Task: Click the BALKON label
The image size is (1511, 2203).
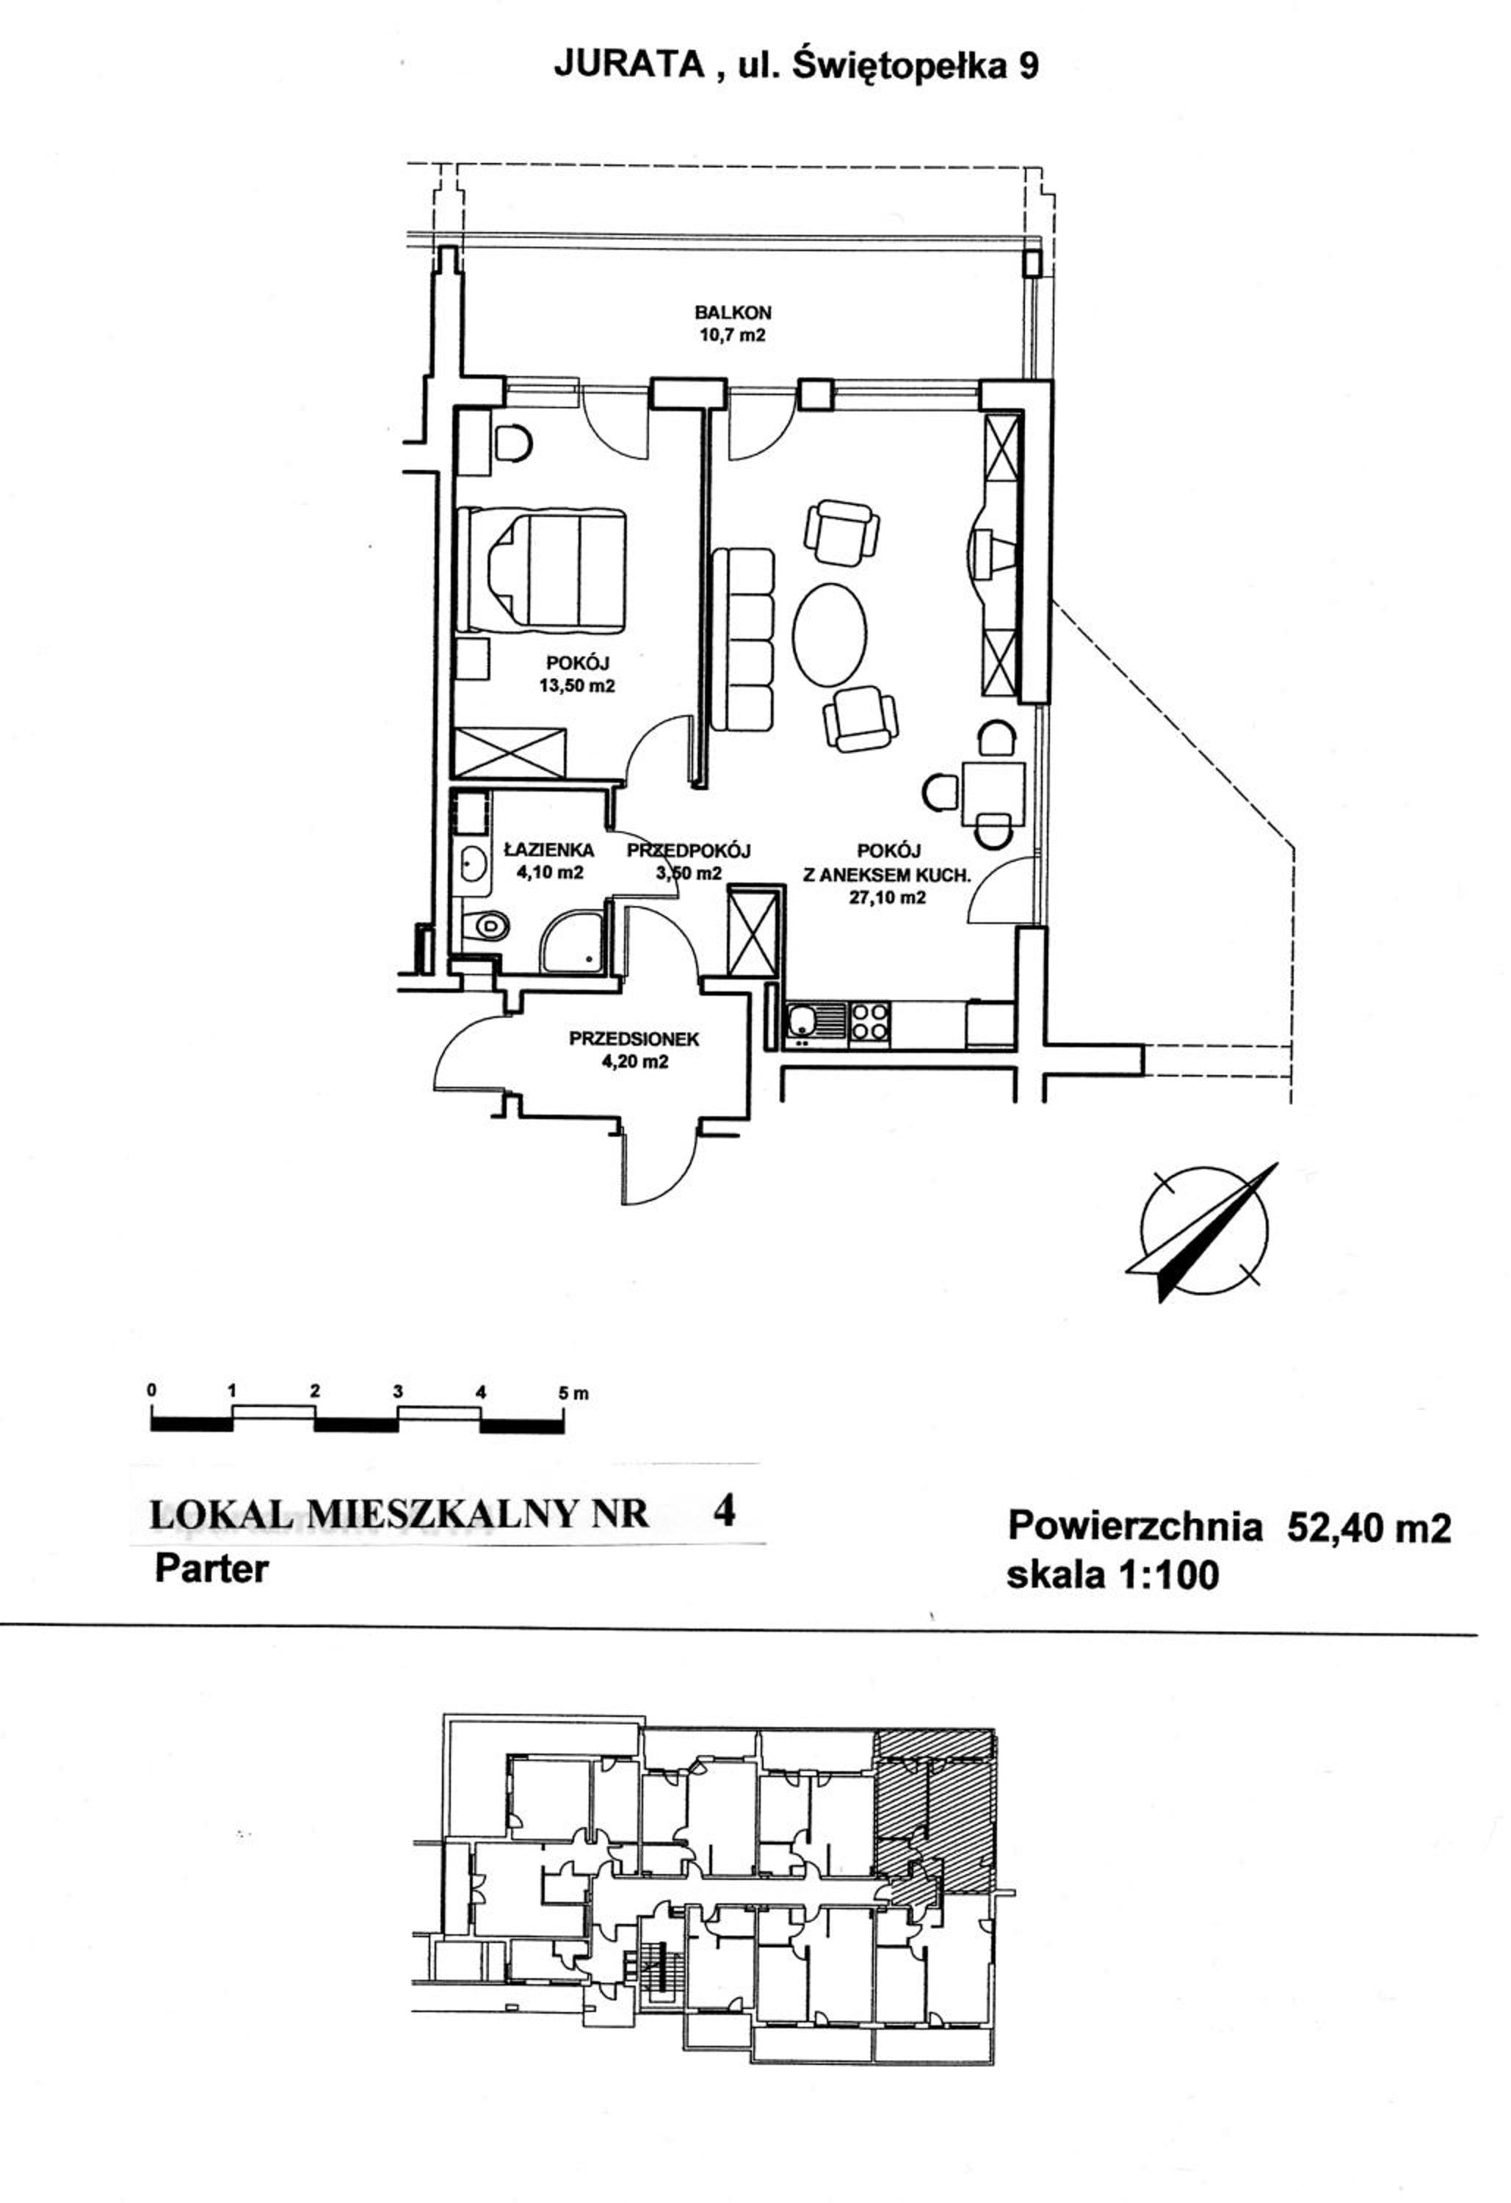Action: point(733,311)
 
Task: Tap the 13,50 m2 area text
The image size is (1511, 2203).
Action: point(577,685)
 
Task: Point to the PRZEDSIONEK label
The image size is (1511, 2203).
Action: point(634,1039)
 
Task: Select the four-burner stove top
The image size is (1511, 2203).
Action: point(869,1024)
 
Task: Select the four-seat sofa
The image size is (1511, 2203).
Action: point(742,640)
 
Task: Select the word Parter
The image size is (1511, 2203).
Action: point(211,1569)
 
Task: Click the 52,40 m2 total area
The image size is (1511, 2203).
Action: point(1368,1527)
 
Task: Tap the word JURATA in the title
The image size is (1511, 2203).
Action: point(629,65)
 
